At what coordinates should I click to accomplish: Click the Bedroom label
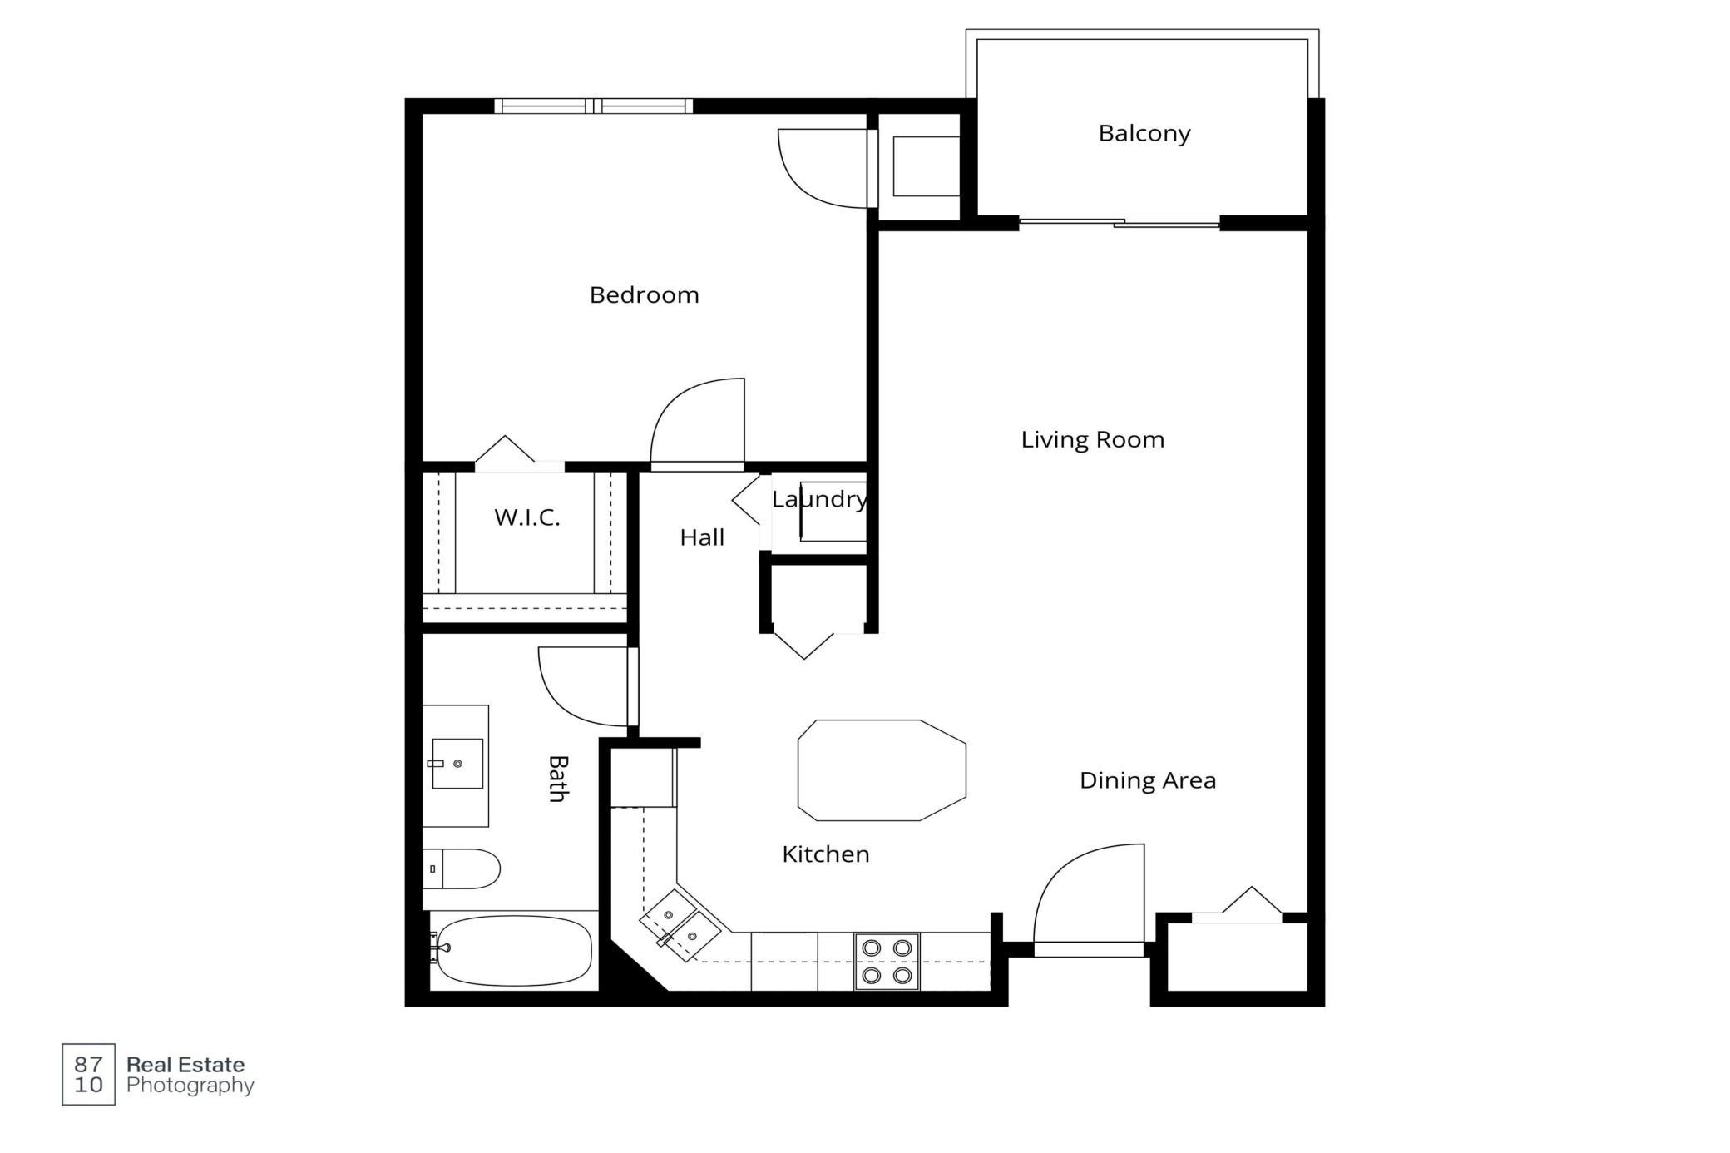point(644,295)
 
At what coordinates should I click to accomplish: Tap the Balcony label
point(1144,134)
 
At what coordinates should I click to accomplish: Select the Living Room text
point(1092,440)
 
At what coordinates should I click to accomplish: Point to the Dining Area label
point(1148,780)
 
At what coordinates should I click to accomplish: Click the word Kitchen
point(826,854)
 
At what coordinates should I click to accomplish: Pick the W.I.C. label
point(527,517)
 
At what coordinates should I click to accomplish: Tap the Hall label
point(702,537)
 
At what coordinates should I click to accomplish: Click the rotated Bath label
point(558,779)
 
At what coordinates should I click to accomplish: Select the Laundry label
point(819,499)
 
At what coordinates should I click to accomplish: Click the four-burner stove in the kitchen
point(887,961)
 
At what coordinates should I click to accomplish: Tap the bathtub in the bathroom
point(515,950)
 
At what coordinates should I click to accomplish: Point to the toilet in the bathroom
point(461,868)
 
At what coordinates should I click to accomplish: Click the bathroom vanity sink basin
point(457,763)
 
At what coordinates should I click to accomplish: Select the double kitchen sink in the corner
point(680,925)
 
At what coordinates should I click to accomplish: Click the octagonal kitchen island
point(882,770)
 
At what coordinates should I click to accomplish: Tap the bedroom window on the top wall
point(593,106)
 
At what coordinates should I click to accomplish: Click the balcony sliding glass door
point(1120,222)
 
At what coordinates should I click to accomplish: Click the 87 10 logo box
point(88,1074)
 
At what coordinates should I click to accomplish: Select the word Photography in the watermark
point(190,1086)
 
